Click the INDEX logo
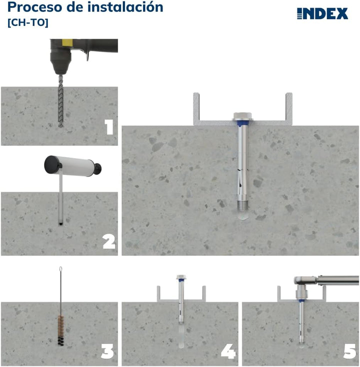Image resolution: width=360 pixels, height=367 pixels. pyautogui.click(x=322, y=13)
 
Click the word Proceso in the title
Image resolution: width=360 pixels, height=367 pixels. pyautogui.click(x=30, y=7)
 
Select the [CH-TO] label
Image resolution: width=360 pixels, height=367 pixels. pyautogui.click(x=28, y=22)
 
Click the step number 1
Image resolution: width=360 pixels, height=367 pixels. pyautogui.click(x=108, y=127)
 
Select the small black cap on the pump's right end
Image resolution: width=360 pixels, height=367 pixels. pyautogui.click(x=98, y=166)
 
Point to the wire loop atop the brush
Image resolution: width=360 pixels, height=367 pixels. pyautogui.click(x=60, y=270)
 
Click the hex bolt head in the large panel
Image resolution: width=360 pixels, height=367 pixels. pyautogui.click(x=241, y=116)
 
